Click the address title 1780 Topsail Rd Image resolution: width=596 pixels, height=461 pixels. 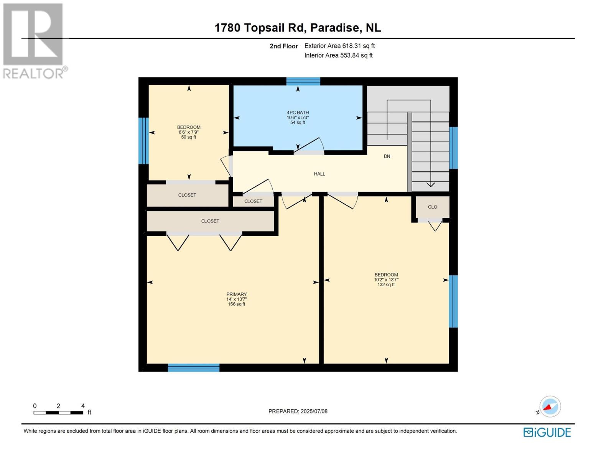tap(297, 28)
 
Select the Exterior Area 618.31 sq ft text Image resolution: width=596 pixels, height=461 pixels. tap(339, 46)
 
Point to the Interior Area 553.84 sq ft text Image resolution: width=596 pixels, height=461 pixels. tap(338, 55)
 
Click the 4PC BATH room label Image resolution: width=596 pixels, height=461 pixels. tap(298, 113)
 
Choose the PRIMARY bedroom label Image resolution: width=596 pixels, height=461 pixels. tap(236, 294)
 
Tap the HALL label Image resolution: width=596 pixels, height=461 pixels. tap(319, 174)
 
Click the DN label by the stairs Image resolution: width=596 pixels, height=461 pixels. tap(387, 156)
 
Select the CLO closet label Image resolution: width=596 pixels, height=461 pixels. tap(432, 207)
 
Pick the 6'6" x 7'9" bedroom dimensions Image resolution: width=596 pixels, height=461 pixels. tap(188, 132)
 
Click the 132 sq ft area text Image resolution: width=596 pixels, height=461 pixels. tap(386, 285)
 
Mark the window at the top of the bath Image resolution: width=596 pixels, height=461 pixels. tap(303, 81)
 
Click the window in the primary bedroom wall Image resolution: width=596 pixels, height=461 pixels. tap(194, 368)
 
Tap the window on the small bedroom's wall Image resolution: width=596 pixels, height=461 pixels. tap(143, 141)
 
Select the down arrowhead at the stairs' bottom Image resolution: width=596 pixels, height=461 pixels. tap(430, 185)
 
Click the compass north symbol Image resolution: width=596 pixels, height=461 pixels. tap(550, 407)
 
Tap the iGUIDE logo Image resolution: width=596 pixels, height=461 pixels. tap(547, 433)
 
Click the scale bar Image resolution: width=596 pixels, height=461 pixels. tap(58, 413)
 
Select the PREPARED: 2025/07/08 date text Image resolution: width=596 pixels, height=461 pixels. tap(298, 411)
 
